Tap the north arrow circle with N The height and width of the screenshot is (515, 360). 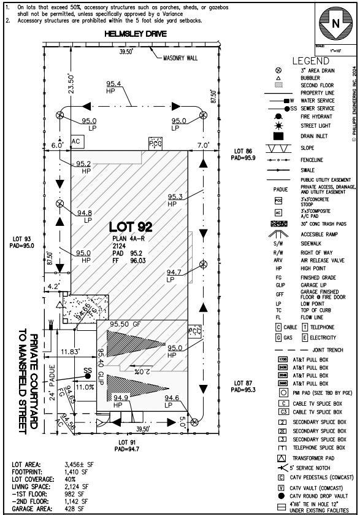(x=335, y=24)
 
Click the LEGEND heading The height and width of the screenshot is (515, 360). (x=311, y=61)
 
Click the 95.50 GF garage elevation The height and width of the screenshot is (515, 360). (x=126, y=323)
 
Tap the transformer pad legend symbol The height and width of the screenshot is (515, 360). (x=282, y=458)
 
